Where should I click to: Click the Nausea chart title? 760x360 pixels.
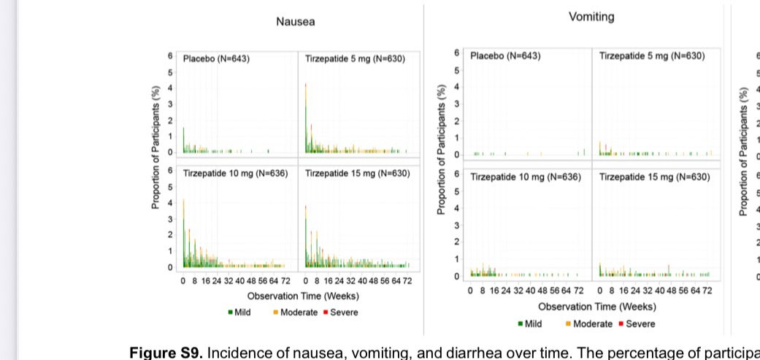[295, 22]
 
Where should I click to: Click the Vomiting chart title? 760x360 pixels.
[591, 17]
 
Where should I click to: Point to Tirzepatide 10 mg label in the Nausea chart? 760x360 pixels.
[235, 174]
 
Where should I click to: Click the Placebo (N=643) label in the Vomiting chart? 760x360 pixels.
[505, 55]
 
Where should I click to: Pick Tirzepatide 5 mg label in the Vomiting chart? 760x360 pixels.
[652, 55]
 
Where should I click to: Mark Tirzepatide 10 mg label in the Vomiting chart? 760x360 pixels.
[526, 177]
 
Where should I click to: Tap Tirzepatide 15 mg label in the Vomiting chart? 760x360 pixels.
[654, 177]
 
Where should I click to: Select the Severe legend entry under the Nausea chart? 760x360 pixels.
[341, 313]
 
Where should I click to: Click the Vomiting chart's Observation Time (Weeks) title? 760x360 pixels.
[596, 307]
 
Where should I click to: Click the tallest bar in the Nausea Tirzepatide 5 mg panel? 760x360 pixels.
[305, 117]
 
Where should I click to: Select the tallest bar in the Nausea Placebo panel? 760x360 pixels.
[183, 139]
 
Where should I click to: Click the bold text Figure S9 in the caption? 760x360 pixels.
[166, 352]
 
